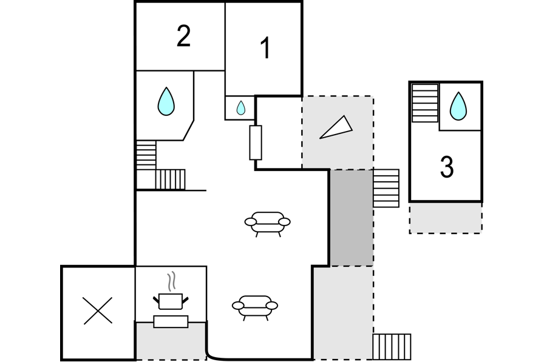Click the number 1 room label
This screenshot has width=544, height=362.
pos(265,48)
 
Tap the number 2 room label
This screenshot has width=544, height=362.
pos(183,36)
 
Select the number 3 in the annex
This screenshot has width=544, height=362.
pos(446,167)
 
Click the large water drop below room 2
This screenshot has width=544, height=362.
pos(166,101)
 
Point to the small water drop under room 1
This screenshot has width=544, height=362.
pos(241,108)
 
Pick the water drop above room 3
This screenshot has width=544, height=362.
pos(458,106)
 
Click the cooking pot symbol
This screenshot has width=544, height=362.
pos(171,301)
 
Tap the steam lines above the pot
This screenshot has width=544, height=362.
pos(172,281)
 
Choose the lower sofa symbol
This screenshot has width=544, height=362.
pos(255,307)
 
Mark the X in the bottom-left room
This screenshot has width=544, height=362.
pos(98,310)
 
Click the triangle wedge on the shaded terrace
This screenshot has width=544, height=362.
pos(336,127)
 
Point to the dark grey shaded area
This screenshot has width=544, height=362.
pos(351,218)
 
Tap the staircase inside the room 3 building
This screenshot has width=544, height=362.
pos(424,103)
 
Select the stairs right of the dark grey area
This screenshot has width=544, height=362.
pos(386,189)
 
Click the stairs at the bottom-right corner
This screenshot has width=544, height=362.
pos(392,347)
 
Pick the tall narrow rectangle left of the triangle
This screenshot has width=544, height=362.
pos(256,142)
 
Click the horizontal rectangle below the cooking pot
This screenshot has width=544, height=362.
pos(171,322)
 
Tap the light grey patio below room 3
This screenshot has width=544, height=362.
pos(446,218)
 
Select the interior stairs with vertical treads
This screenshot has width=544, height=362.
pos(170,179)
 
